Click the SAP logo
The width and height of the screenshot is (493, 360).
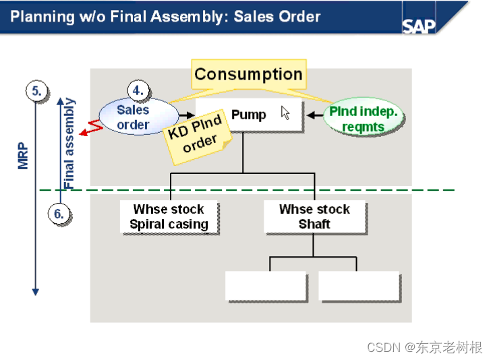pyautogui.click(x=419, y=25)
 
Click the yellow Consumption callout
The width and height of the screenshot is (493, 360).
pyautogui.click(x=248, y=75)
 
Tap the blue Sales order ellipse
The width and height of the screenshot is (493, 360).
pyautogui.click(x=133, y=117)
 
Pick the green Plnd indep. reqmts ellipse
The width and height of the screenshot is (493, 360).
pyautogui.click(x=364, y=119)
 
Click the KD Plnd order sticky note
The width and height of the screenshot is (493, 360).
pyautogui.click(x=198, y=137)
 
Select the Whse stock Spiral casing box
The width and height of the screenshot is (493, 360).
pyautogui.click(x=169, y=217)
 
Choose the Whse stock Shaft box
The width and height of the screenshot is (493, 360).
pyautogui.click(x=314, y=217)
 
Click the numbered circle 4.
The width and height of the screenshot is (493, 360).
pyautogui.click(x=138, y=90)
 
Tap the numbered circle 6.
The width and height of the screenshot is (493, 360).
pyautogui.click(x=59, y=214)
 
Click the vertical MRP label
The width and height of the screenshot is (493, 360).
pyautogui.click(x=24, y=156)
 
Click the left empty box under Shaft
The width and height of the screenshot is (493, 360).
pyautogui.click(x=266, y=286)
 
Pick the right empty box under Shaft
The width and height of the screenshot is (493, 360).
pyautogui.click(x=358, y=286)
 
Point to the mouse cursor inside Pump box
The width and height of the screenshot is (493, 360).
pyautogui.click(x=285, y=113)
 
